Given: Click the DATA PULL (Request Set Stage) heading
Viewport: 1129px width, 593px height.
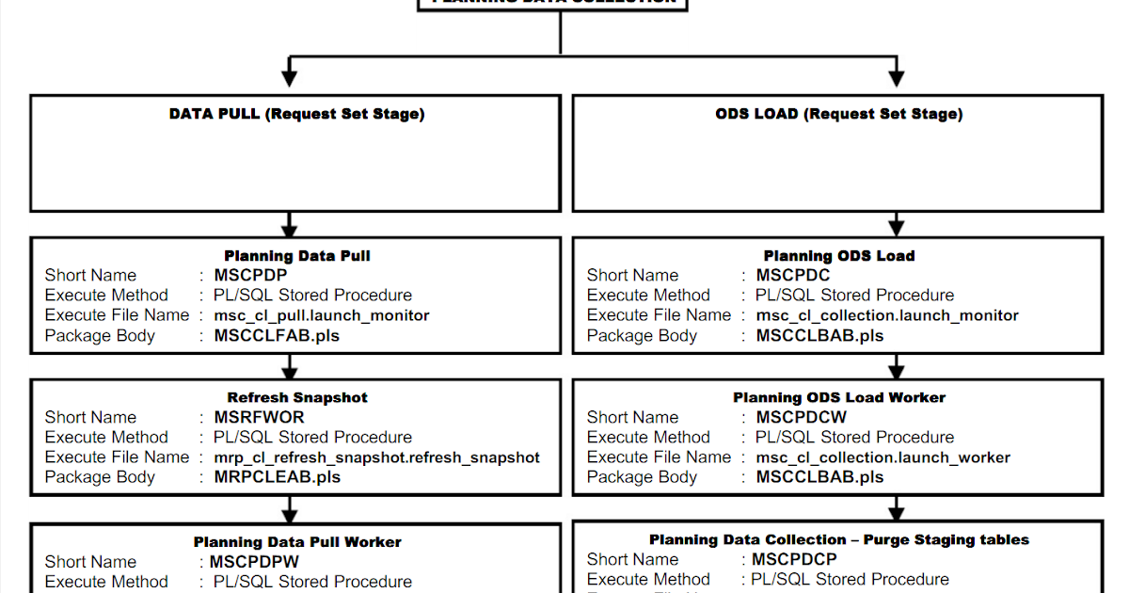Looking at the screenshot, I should point(296,114).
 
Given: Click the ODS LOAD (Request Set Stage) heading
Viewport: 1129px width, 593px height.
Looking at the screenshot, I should point(838,114).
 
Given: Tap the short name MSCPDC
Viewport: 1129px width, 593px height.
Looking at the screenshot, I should point(793,275).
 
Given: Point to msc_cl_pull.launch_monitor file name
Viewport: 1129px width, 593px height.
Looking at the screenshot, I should point(322,315).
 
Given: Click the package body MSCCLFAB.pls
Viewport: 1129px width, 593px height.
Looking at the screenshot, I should point(278,335).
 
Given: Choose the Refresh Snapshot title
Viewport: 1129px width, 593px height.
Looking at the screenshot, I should point(297,397).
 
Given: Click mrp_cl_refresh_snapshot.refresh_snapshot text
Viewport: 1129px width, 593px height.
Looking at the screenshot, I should point(377,457).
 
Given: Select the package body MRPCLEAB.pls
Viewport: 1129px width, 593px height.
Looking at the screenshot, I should point(278,477).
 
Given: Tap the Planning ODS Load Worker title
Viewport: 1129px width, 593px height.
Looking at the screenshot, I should point(839,397).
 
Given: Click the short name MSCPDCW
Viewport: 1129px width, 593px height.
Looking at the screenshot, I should point(802,417).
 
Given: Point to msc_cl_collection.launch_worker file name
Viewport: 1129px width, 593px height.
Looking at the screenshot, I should point(883,457).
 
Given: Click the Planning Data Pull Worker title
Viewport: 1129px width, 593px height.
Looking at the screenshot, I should point(297,542).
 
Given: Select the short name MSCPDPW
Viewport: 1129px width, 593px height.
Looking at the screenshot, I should point(254,562).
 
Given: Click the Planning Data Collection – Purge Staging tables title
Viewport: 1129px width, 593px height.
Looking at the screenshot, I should point(839,539).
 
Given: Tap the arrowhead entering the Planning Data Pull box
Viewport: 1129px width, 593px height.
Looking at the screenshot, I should point(290,229).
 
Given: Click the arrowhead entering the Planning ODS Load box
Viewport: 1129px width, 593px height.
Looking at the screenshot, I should point(897,229).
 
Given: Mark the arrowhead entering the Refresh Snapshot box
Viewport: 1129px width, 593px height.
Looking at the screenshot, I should point(290,371).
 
